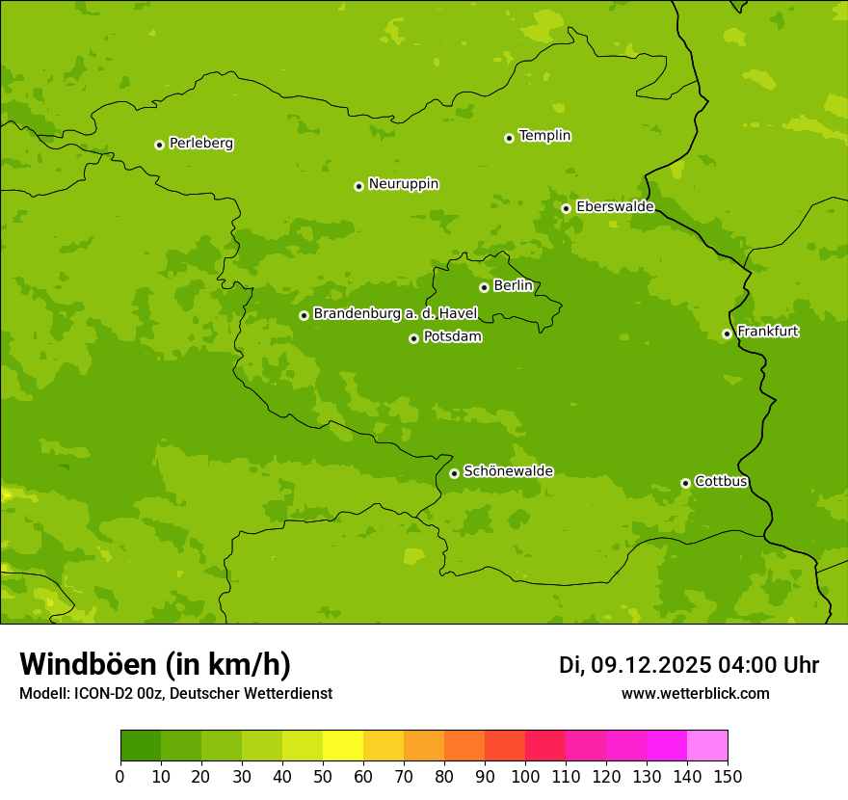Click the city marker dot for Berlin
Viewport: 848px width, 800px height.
tap(484, 287)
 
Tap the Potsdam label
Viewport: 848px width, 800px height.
tap(452, 337)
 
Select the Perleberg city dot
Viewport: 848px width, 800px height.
tap(159, 145)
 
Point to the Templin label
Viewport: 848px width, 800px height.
tap(544, 136)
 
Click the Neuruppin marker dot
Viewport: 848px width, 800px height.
tap(358, 186)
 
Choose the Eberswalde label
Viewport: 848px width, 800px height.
tap(615, 207)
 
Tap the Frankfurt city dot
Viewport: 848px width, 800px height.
tap(727, 334)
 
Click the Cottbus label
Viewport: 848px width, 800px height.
tap(721, 481)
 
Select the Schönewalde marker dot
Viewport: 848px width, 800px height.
tap(454, 473)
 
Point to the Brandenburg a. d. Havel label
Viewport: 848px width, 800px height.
tap(395, 314)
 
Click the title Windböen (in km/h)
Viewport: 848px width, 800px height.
tap(155, 664)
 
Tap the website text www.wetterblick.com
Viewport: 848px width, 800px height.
tap(695, 693)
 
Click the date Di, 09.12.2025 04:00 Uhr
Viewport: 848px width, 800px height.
tap(688, 665)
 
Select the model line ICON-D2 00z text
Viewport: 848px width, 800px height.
tap(175, 693)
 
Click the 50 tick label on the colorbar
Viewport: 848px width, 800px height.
tap(323, 777)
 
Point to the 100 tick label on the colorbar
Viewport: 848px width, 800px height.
tap(525, 777)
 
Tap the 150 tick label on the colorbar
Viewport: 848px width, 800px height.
tap(728, 777)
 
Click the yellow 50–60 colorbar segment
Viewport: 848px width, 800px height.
tap(343, 746)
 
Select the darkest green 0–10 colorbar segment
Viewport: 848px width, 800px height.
tap(141, 746)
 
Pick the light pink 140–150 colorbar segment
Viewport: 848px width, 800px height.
tap(707, 746)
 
